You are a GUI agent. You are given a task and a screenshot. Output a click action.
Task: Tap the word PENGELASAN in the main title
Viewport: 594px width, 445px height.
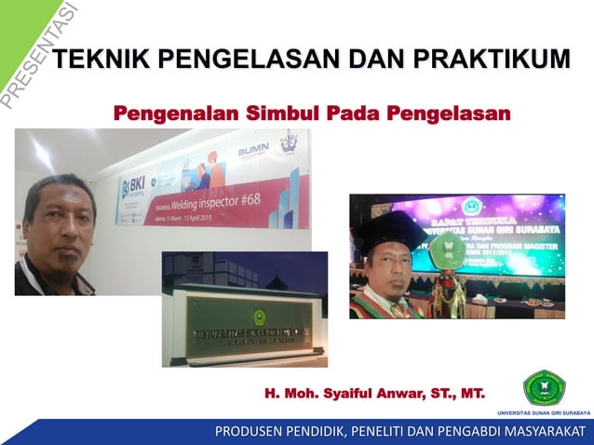[246, 61]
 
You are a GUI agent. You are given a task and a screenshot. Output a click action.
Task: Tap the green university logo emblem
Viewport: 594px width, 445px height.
[544, 388]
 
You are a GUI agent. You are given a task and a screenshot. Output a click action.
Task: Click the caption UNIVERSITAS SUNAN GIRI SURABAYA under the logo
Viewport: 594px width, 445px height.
[544, 411]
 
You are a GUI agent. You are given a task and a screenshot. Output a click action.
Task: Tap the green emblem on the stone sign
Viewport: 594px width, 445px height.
[257, 317]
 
